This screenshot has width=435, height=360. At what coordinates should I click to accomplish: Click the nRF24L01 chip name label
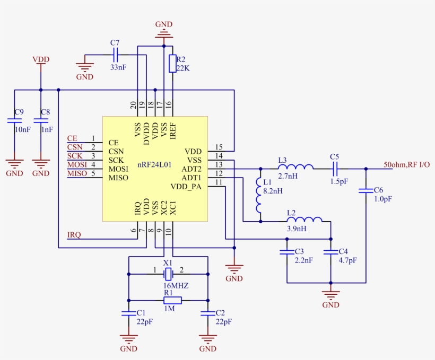154,165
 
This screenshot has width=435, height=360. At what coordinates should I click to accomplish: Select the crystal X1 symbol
168,274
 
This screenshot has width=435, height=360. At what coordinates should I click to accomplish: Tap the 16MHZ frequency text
176,285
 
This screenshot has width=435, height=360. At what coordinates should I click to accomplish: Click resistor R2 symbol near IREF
172,63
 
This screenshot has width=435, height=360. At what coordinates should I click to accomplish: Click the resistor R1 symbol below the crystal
172,301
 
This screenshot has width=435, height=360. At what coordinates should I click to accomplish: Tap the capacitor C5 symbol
334,169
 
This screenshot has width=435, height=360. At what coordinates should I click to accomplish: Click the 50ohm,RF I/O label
406,165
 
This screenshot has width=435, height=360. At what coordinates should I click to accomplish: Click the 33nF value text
118,67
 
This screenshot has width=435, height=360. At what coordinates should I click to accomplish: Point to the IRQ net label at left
74,235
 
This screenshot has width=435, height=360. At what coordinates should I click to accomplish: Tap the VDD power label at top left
41,59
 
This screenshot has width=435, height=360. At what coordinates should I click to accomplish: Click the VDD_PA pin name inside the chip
186,187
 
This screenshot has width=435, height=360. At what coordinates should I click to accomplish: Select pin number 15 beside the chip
219,147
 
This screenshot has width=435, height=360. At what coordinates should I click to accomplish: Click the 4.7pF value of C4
347,260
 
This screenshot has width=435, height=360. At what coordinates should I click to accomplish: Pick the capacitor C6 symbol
365,190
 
